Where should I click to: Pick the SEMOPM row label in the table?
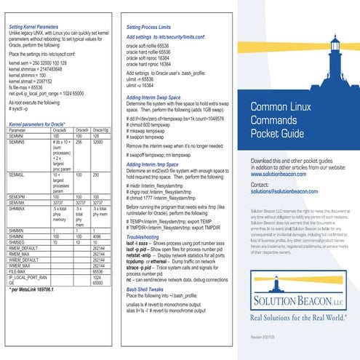(20, 196)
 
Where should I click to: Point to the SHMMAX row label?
(20, 207)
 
